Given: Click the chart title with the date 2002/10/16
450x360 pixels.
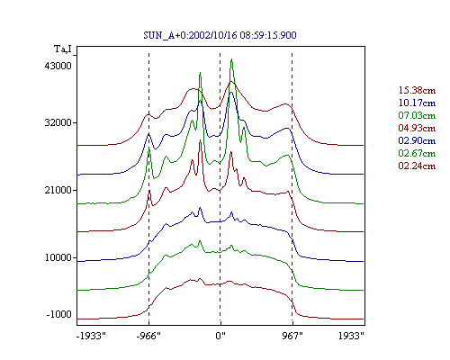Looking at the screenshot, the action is [220, 35].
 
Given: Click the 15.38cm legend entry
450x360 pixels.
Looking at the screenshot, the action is [417, 90].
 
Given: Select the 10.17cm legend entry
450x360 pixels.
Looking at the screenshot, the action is [417, 103].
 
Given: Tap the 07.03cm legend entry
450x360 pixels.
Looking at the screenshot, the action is [417, 115].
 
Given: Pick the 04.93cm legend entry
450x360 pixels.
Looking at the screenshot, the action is [417, 128].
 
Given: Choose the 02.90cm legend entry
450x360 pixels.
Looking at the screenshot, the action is [417, 140].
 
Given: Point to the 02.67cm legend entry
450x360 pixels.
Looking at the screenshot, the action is [417, 153].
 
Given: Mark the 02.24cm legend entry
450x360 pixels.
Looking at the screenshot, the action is [417, 166].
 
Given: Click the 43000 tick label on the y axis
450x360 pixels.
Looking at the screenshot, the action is [58, 66].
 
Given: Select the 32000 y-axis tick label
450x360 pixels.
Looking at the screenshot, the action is [58, 122].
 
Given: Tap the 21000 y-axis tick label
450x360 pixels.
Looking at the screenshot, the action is [58, 190].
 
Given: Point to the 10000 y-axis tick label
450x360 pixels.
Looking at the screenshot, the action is [58, 257].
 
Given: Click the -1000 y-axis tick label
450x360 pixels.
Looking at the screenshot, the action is [58, 314].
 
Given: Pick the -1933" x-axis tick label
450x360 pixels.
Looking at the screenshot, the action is [91, 336].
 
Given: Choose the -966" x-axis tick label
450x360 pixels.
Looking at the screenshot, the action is [148, 336].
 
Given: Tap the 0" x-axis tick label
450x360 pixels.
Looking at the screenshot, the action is [220, 336].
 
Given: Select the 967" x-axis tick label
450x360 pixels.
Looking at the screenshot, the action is [292, 336].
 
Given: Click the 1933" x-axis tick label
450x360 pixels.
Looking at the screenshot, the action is [351, 336].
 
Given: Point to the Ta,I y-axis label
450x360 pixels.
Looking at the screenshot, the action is [63, 49].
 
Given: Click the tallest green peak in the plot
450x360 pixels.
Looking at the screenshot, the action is [231, 59].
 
